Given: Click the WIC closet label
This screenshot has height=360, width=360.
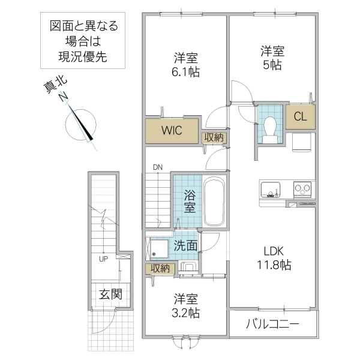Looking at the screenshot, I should tap(171, 130).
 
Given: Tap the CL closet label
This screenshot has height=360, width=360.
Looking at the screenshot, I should tap(300, 117).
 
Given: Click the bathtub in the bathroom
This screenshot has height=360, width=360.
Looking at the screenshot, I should tap(214, 201).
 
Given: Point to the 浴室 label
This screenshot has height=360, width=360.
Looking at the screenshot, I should tap(188, 201).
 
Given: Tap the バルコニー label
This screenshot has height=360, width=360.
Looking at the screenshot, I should tap(273, 326).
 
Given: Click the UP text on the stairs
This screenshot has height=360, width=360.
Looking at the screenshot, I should tap(104, 259).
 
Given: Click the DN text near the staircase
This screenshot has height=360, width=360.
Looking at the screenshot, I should tap(158, 167).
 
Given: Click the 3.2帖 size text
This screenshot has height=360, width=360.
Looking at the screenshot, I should tap(187, 313).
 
